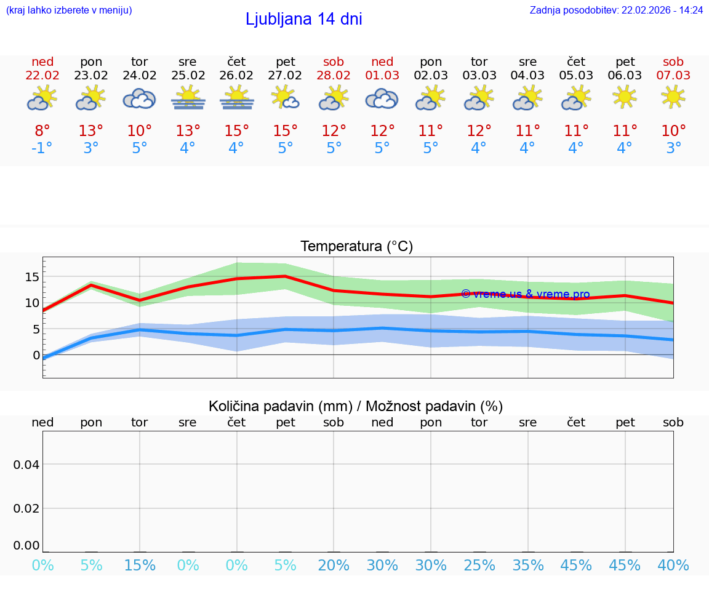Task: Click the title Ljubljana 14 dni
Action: point(303,19)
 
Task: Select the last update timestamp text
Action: point(616,10)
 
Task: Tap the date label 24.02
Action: point(140,76)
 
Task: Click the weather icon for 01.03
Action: point(382,98)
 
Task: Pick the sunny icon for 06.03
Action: point(625,97)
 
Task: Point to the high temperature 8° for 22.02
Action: point(42,131)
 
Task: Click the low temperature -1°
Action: point(42,148)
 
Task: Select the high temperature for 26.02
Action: point(236,131)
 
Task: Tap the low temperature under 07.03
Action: point(673,148)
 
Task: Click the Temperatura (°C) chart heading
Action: point(356,247)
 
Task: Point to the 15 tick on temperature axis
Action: point(32,277)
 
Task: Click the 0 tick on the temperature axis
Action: point(36,355)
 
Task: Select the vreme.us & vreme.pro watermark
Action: point(525,294)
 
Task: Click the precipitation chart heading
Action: point(356,406)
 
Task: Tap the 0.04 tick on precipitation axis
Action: point(26,465)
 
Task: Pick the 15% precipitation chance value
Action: point(140,566)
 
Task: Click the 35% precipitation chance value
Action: point(527,566)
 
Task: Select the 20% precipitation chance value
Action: point(334,566)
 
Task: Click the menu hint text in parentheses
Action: point(69,10)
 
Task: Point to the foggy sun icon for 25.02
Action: point(188,98)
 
